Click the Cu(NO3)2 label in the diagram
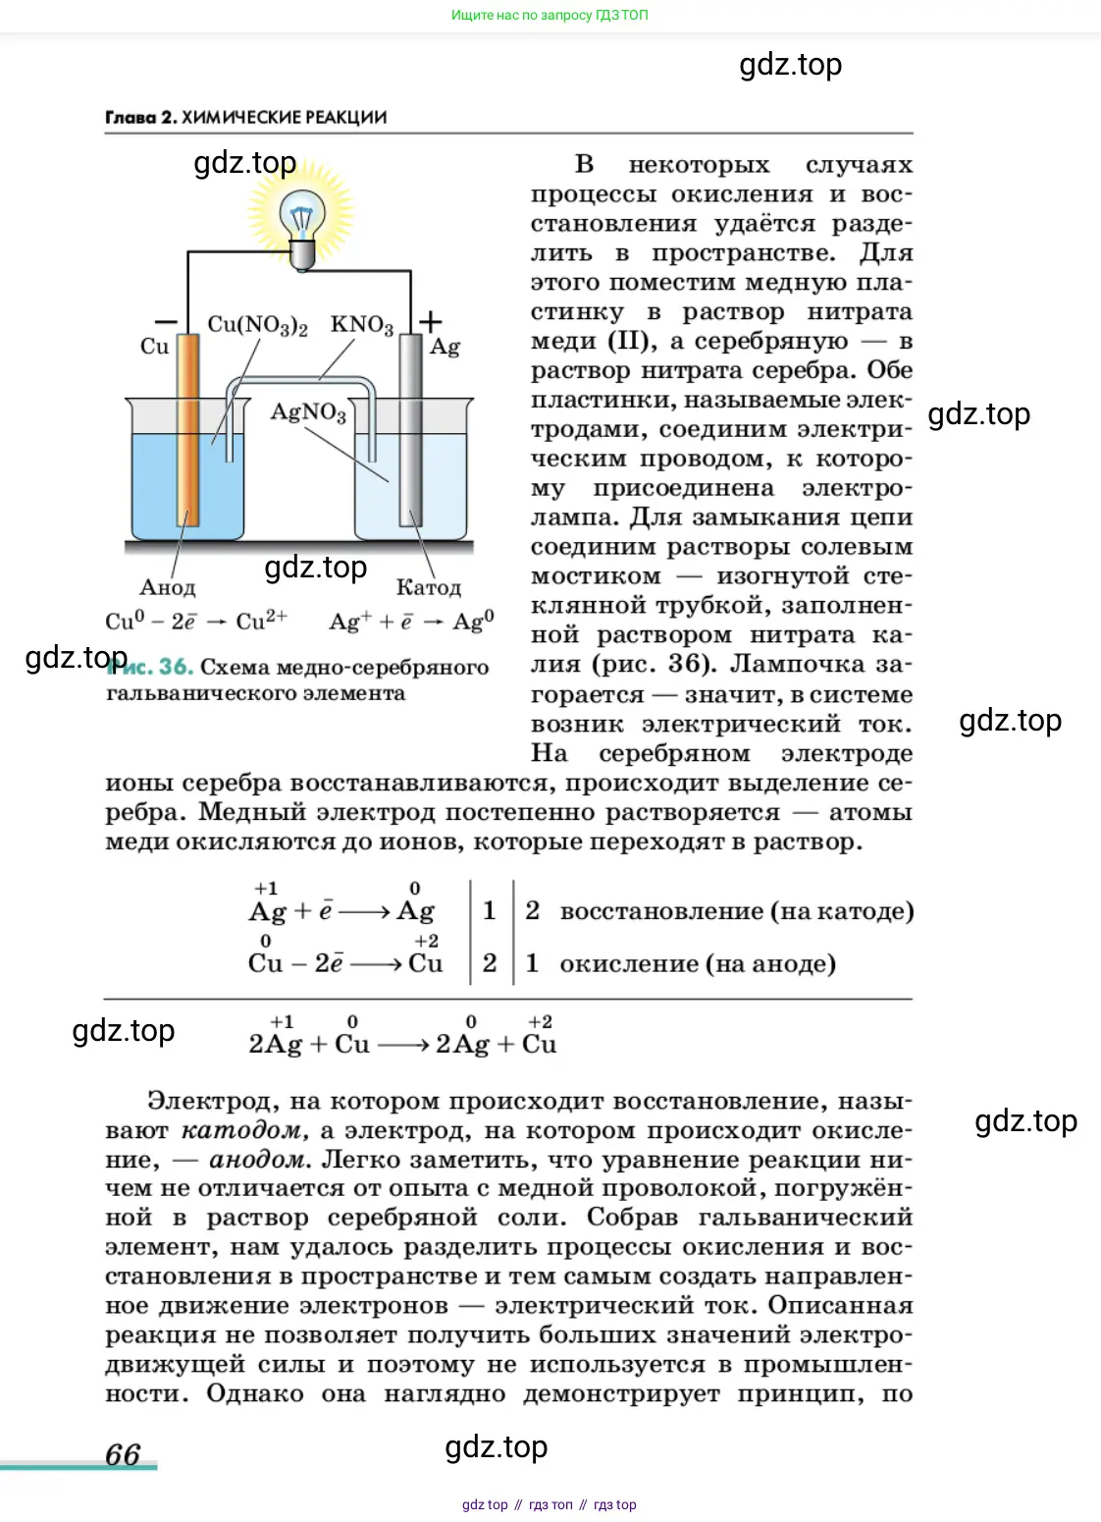(x=257, y=325)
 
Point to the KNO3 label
(x=361, y=325)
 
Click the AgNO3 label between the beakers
(x=308, y=411)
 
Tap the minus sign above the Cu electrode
(x=166, y=321)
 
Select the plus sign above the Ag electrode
(x=430, y=320)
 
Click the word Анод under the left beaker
(x=168, y=587)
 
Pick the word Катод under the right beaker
(x=428, y=587)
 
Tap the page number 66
(x=123, y=1454)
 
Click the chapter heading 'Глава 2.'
(x=141, y=118)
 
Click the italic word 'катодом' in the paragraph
(x=244, y=1130)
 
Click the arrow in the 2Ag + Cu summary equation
(x=402, y=1045)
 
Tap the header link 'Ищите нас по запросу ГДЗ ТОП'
(x=550, y=15)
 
